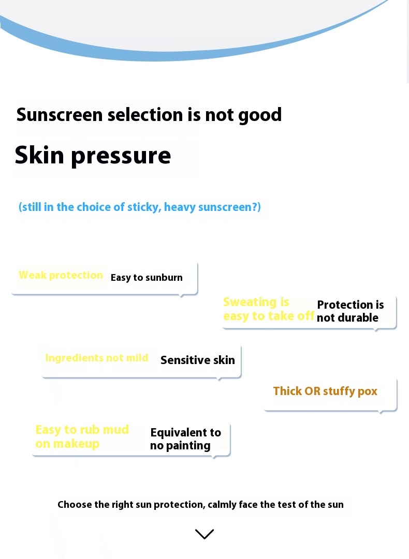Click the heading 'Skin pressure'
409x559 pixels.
pyautogui.click(x=93, y=155)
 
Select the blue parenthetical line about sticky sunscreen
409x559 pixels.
pyautogui.click(x=140, y=207)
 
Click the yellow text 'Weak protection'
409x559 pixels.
pyautogui.click(x=61, y=275)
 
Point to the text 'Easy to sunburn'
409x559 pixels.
pyautogui.click(x=147, y=278)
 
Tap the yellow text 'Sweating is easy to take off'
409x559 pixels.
pyautogui.click(x=268, y=309)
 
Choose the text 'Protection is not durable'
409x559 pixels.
pyautogui.click(x=350, y=311)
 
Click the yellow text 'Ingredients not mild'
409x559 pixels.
pyautogui.click(x=96, y=358)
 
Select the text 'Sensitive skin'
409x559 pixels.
pyautogui.click(x=198, y=360)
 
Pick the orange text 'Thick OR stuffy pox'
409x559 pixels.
pyautogui.click(x=325, y=391)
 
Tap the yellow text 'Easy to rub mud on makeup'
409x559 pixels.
pyautogui.click(x=82, y=436)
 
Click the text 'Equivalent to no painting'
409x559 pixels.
pyautogui.click(x=185, y=439)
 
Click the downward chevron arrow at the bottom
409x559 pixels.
pyautogui.click(x=204, y=534)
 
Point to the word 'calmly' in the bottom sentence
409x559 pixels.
pyautogui.click(x=222, y=505)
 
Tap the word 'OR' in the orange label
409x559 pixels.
pyautogui.click(x=312, y=391)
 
